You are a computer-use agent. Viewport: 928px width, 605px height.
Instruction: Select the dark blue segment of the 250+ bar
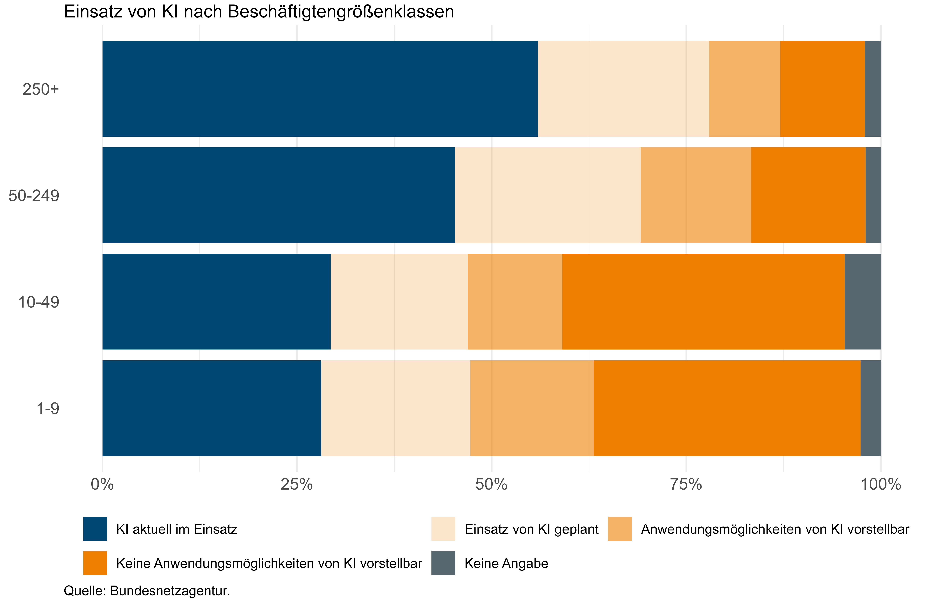(x=320, y=89)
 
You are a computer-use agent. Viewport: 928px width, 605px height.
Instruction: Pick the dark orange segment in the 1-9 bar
(x=727, y=408)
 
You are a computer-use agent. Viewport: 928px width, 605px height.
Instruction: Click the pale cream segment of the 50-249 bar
(x=547, y=195)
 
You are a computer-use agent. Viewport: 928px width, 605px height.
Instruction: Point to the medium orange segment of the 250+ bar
(x=744, y=89)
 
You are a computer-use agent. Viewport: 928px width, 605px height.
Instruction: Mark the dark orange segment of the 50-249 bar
(x=808, y=195)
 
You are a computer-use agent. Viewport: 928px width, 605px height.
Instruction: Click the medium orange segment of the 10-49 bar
(x=515, y=301)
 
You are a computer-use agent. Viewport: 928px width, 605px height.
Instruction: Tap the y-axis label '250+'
(x=40, y=89)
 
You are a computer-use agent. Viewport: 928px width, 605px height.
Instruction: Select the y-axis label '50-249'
(x=34, y=196)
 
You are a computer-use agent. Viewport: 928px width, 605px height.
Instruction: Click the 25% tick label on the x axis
(x=297, y=484)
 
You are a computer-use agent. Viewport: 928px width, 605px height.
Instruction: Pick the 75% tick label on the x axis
(x=686, y=484)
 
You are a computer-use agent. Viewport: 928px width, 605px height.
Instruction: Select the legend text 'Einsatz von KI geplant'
(x=531, y=529)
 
